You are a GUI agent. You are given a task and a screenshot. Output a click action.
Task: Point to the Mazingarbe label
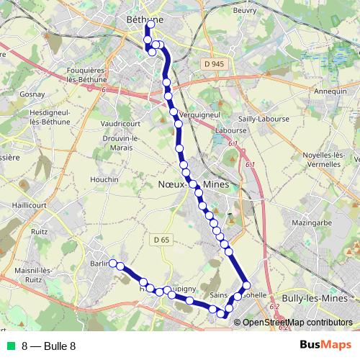point(315,225)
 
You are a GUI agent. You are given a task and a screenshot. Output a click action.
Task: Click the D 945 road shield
point(210,64)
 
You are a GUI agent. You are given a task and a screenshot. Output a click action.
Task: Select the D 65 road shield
point(162,239)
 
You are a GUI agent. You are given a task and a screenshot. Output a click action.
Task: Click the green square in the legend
point(10,346)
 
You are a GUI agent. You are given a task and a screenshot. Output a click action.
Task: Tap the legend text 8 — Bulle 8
point(49,346)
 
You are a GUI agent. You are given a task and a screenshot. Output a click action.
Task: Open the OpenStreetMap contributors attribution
point(297,322)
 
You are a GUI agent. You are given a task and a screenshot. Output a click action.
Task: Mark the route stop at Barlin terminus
point(113,264)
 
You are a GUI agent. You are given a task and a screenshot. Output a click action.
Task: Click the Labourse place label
point(230,131)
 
